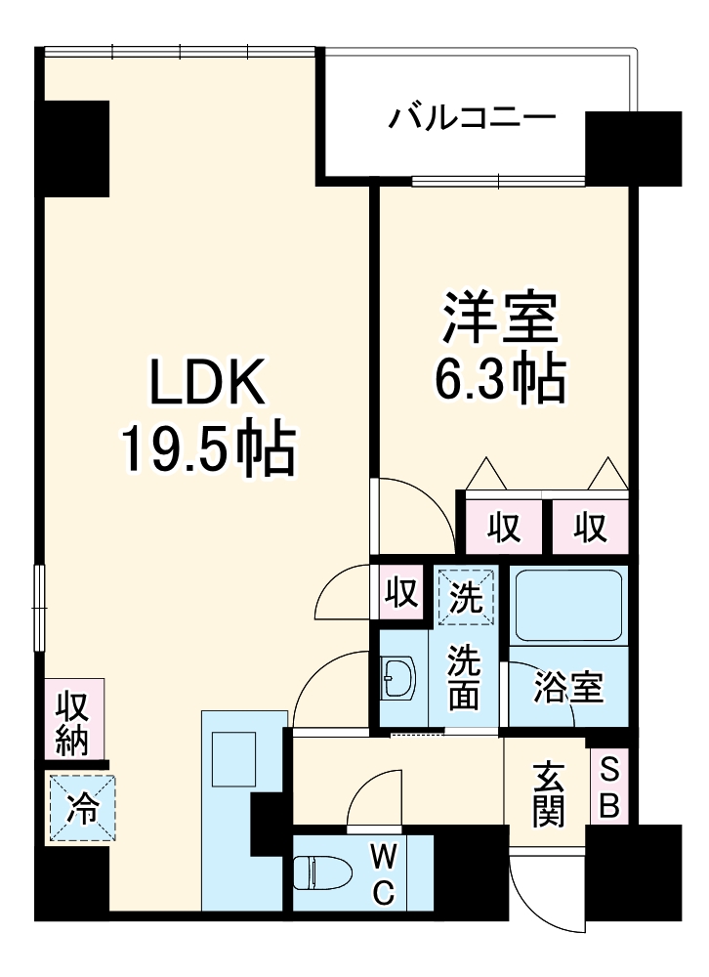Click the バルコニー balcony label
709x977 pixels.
(x=474, y=120)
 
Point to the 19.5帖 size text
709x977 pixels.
(x=206, y=449)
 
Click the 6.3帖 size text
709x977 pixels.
(x=499, y=378)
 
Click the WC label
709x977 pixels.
(x=384, y=874)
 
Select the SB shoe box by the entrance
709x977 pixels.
(x=608, y=786)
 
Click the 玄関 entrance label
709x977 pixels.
(x=548, y=793)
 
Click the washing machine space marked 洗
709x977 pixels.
(x=466, y=595)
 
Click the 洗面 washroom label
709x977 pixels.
(x=465, y=677)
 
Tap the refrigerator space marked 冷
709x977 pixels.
(x=82, y=807)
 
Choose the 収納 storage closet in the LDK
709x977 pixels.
(x=71, y=722)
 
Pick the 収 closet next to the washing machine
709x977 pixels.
(x=400, y=592)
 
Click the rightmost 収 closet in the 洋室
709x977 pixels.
(x=589, y=529)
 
